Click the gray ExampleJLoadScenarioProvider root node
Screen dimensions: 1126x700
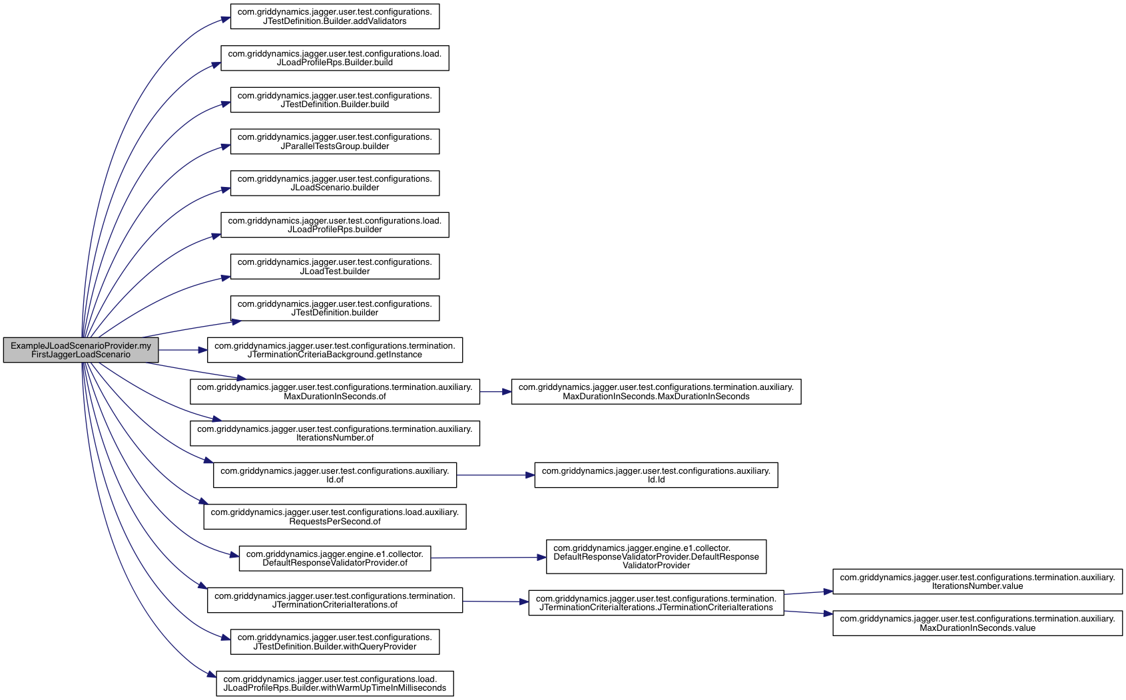81,350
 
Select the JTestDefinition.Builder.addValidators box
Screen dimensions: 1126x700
335,17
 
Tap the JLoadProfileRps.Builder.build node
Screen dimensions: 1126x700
335,59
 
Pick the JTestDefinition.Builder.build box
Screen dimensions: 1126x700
335,100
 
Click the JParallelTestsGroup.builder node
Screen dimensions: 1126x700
335,142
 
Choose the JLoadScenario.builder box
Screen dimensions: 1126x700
335,183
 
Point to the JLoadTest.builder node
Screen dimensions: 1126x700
335,267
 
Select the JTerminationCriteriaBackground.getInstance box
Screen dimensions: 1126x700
335,350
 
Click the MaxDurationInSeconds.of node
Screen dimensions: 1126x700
335,392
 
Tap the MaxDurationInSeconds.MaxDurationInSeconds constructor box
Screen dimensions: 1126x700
656,392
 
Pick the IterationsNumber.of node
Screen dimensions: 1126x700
335,433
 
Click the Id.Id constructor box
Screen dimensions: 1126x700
656,475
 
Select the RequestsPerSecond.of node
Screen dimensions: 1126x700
335,517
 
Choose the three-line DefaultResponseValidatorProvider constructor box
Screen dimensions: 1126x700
656,557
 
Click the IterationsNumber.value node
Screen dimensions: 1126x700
978,582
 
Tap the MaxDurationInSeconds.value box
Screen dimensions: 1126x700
978,623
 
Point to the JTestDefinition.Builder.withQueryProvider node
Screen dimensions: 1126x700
335,641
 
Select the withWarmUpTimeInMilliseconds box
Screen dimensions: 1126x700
335,683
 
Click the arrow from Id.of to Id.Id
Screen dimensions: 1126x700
495,475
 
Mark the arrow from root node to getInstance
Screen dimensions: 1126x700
183,350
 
